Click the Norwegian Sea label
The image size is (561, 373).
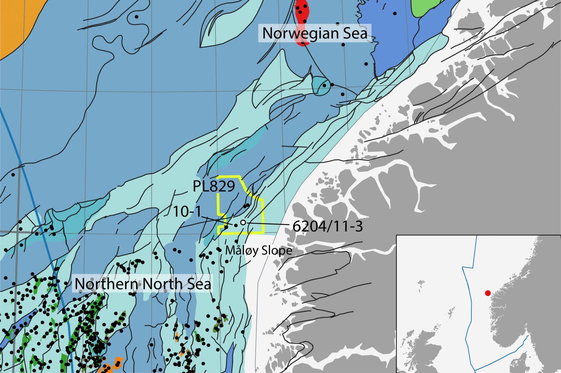point(315,33)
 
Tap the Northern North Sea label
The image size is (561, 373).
point(143,284)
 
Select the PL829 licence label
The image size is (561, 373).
point(214,186)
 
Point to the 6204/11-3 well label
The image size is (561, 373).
point(328,226)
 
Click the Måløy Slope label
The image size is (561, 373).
point(259,250)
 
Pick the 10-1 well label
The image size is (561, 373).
point(187,211)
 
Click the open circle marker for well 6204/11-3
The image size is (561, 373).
point(243,222)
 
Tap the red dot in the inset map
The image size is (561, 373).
point(488,293)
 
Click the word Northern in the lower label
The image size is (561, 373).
point(107,284)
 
